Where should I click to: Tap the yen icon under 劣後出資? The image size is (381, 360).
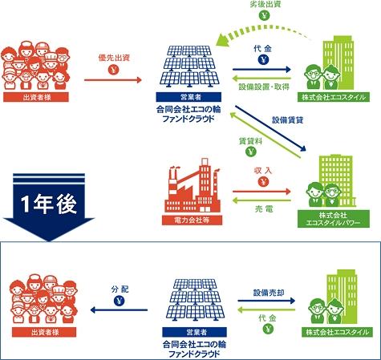[x=264, y=15]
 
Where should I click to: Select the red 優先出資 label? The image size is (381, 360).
[x=114, y=58]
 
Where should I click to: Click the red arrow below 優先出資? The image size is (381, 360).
[x=113, y=79]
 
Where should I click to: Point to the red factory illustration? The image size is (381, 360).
[x=192, y=185]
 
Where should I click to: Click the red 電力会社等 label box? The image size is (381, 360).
[x=192, y=220]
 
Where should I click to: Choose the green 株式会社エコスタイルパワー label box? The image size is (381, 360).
[x=334, y=219]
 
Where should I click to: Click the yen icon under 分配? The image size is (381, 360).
[x=120, y=301]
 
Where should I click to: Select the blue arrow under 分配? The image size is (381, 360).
[x=119, y=310]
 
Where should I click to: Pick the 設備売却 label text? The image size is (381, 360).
[x=269, y=293]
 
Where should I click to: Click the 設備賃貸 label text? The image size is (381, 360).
[x=288, y=120]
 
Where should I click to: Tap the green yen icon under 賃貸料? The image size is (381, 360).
[x=251, y=152]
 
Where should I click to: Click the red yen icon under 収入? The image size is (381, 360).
[x=264, y=182]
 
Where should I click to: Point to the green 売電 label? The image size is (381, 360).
[x=264, y=208]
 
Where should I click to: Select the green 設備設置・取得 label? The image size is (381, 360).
[x=264, y=87]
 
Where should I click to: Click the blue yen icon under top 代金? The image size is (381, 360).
[x=263, y=59]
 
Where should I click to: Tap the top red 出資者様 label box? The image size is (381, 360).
[x=36, y=97]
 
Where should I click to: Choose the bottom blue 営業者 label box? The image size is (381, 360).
[x=194, y=332]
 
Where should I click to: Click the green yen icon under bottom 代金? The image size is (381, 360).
[x=268, y=329]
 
